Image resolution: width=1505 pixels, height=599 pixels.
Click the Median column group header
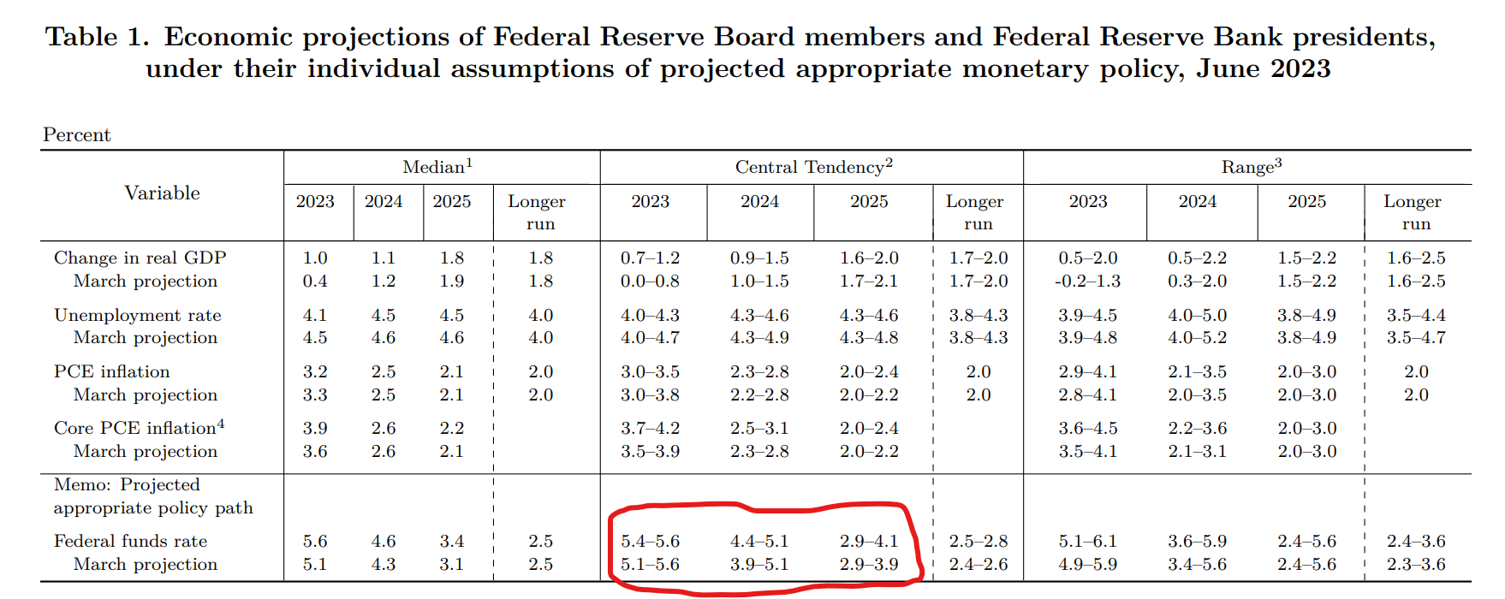[437, 167]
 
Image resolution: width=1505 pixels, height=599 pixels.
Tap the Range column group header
[1251, 167]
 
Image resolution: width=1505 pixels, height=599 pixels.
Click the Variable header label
[162, 193]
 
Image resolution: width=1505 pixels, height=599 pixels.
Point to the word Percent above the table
[77, 135]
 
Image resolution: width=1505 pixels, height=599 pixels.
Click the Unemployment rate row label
[137, 315]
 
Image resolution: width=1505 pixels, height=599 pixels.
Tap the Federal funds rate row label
[130, 541]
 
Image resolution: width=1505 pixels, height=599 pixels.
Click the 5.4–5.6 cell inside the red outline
[650, 541]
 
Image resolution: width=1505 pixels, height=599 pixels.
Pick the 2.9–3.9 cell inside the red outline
[869, 564]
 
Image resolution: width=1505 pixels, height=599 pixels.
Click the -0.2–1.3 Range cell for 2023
[1087, 281]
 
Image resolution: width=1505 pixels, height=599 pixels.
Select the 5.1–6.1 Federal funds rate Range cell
[1087, 541]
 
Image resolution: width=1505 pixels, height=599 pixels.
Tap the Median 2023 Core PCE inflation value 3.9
[315, 428]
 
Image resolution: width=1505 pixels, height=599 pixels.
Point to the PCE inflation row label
[111, 371]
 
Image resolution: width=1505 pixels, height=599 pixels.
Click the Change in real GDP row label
[140, 258]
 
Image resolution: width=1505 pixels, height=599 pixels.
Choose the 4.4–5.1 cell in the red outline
[759, 541]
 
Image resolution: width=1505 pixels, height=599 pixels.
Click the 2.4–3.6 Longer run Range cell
[1416, 541]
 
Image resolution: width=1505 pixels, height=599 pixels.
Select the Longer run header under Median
[537, 212]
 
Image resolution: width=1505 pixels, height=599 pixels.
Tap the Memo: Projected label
[127, 484]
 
